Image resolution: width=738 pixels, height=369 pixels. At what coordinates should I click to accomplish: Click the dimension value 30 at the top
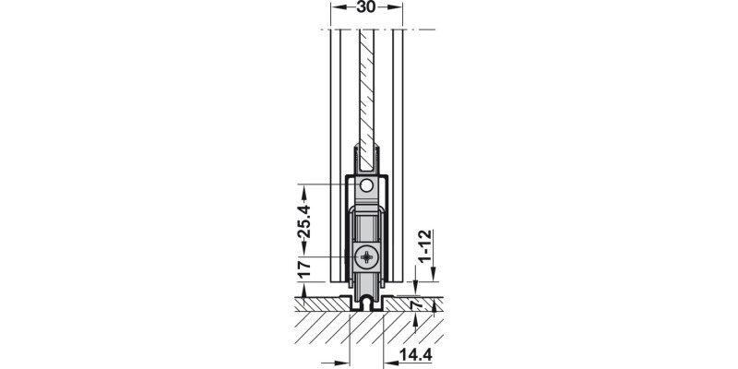(366, 7)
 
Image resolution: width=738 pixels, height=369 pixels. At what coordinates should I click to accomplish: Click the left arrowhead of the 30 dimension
(335, 7)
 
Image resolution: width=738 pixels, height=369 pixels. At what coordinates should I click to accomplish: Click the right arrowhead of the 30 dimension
(398, 7)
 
